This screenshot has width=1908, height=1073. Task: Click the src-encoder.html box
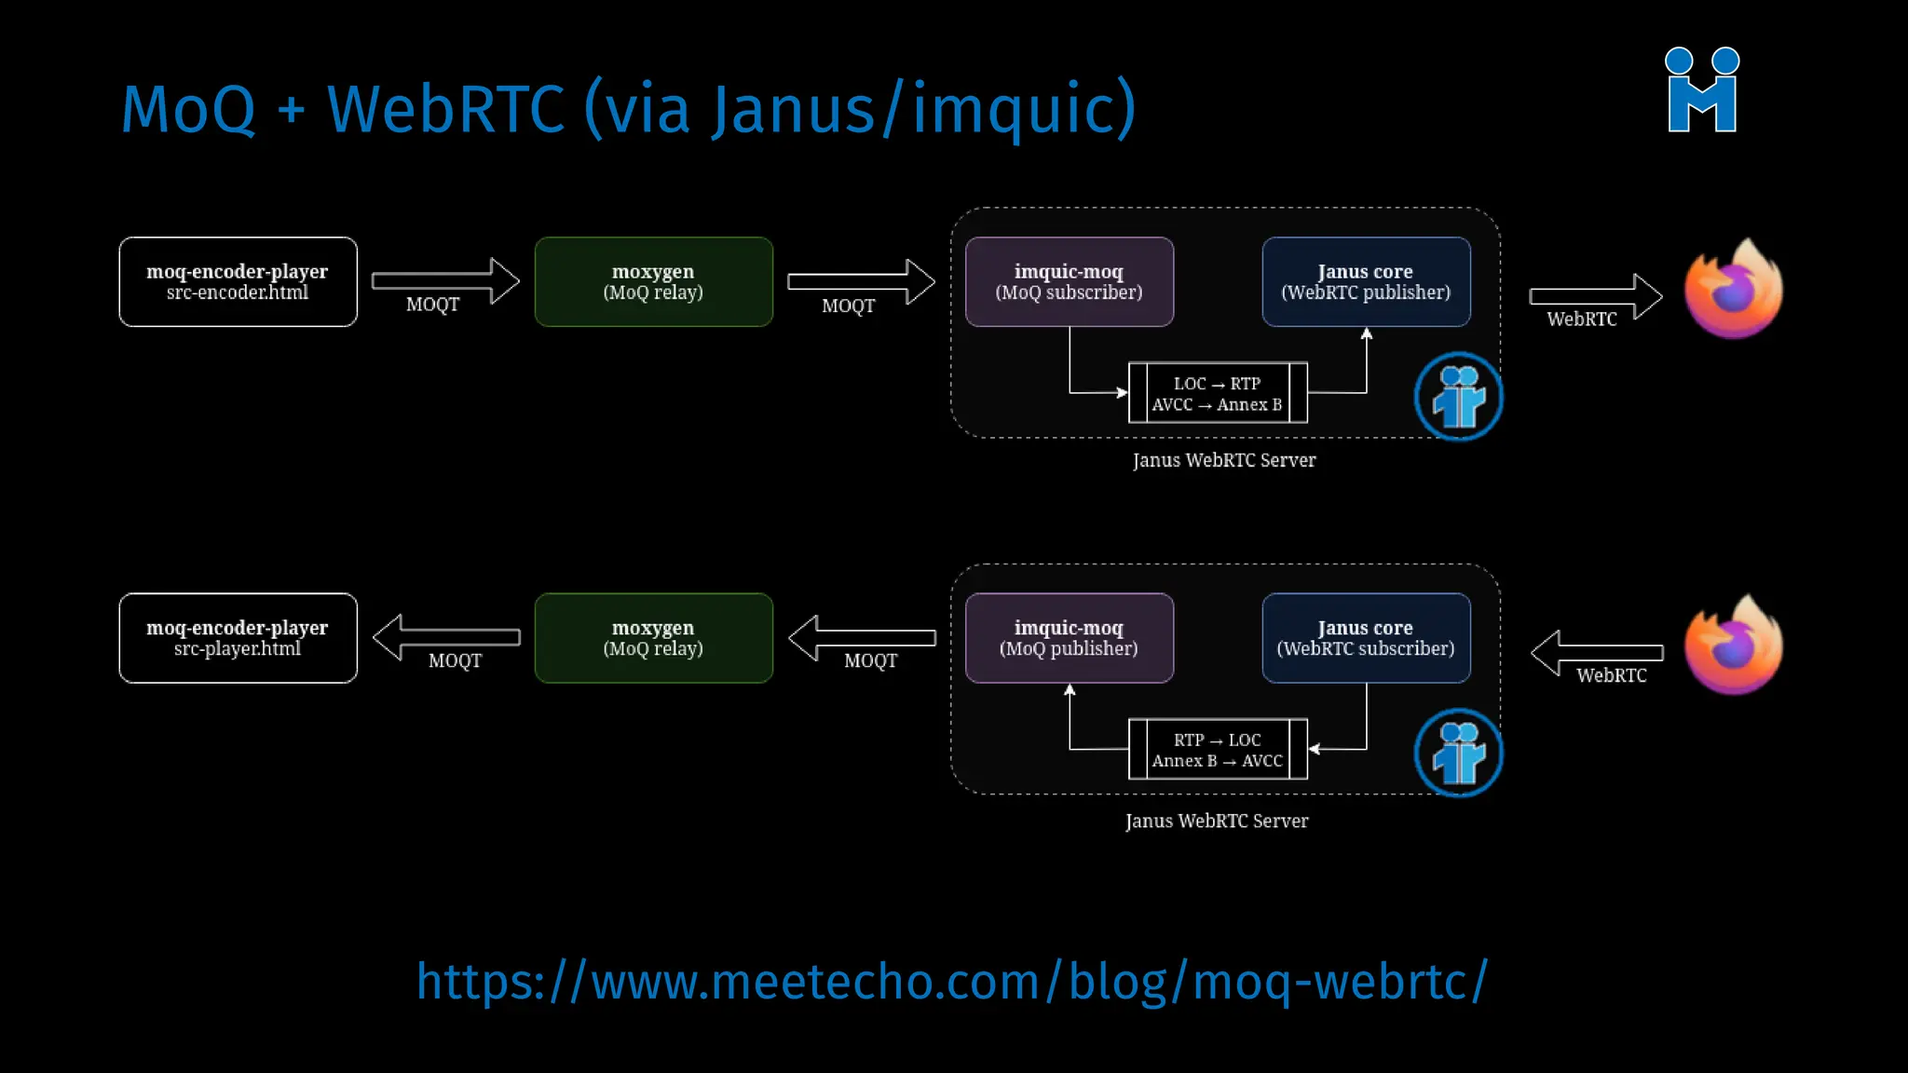[238, 281]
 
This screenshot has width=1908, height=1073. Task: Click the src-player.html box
[238, 638]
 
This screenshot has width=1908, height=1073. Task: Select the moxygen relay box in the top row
[653, 281]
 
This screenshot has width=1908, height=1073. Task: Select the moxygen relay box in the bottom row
[653, 638]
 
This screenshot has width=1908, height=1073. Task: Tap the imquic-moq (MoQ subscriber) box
[1069, 281]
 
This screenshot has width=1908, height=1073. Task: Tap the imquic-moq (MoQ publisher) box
[1069, 638]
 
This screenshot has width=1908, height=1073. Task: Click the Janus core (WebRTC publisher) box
[1366, 281]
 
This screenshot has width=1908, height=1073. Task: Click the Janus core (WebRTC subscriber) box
[1366, 638]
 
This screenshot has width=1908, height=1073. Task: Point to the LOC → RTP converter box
[1218, 393]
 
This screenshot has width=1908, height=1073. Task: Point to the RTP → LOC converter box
[1218, 749]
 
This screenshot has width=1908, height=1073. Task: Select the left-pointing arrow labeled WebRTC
[1595, 652]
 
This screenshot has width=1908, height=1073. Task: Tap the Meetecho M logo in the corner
[1702, 90]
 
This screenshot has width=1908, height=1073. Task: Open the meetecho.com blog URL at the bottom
[951, 982]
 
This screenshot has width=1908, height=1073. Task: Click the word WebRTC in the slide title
[445, 109]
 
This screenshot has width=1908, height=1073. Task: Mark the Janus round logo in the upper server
[1458, 397]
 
